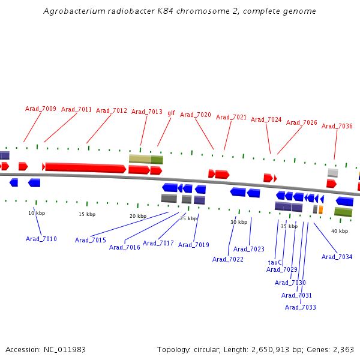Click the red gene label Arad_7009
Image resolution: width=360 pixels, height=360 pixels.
point(41,109)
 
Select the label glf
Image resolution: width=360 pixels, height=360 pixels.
point(171,113)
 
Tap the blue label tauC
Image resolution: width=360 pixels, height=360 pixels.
point(275,262)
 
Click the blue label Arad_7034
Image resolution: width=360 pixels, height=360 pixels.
point(337,257)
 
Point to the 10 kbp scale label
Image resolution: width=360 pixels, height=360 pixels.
point(37,213)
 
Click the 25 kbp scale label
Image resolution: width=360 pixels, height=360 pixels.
point(188,218)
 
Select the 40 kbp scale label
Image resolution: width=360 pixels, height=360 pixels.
point(340,231)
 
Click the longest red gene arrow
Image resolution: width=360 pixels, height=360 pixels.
point(86,167)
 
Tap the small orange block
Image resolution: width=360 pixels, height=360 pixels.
point(321,209)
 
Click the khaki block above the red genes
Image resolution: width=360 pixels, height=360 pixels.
point(140,159)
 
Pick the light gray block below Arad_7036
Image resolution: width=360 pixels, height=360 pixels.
point(333,173)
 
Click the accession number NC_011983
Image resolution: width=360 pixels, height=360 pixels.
point(65,350)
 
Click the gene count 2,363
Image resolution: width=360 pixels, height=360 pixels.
point(343,350)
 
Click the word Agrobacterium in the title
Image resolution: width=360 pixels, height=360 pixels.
point(74,11)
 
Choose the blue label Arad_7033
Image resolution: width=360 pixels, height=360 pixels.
point(301,307)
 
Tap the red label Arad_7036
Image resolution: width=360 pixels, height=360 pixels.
point(337,126)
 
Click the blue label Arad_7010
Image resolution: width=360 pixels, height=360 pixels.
point(41,239)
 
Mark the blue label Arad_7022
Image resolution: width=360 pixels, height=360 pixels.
point(228,259)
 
